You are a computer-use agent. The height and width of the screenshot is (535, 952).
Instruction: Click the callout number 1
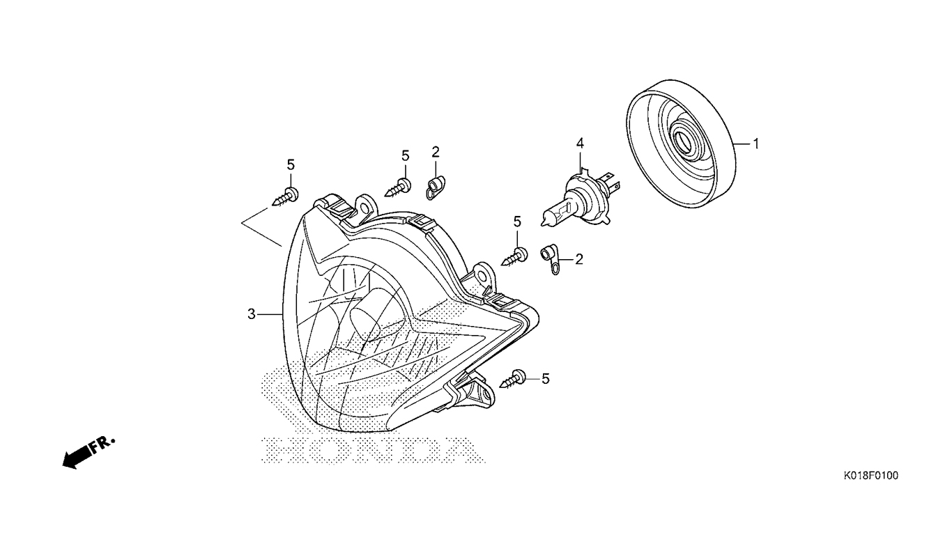(755, 144)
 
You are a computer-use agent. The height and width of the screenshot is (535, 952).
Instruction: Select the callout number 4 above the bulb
(580, 144)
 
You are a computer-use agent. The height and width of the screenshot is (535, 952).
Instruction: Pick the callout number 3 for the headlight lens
(252, 314)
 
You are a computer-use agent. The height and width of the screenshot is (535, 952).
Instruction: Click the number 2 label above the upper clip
(436, 151)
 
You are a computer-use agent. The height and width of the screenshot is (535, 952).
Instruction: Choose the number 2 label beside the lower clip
(578, 259)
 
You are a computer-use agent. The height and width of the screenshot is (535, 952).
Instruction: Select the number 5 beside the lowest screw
(546, 378)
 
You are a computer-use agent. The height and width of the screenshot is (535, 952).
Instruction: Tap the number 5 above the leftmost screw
(291, 164)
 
